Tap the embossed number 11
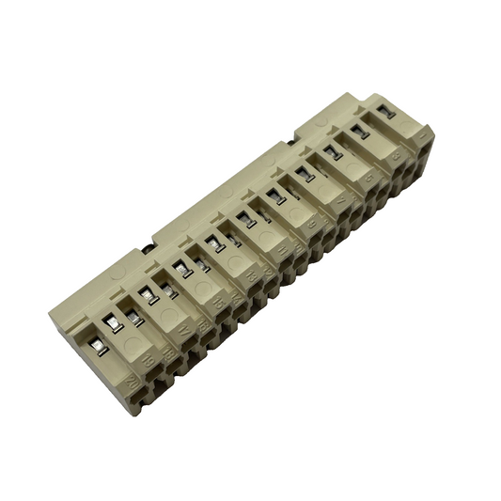pos(282,248)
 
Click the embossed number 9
pos(311,225)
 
